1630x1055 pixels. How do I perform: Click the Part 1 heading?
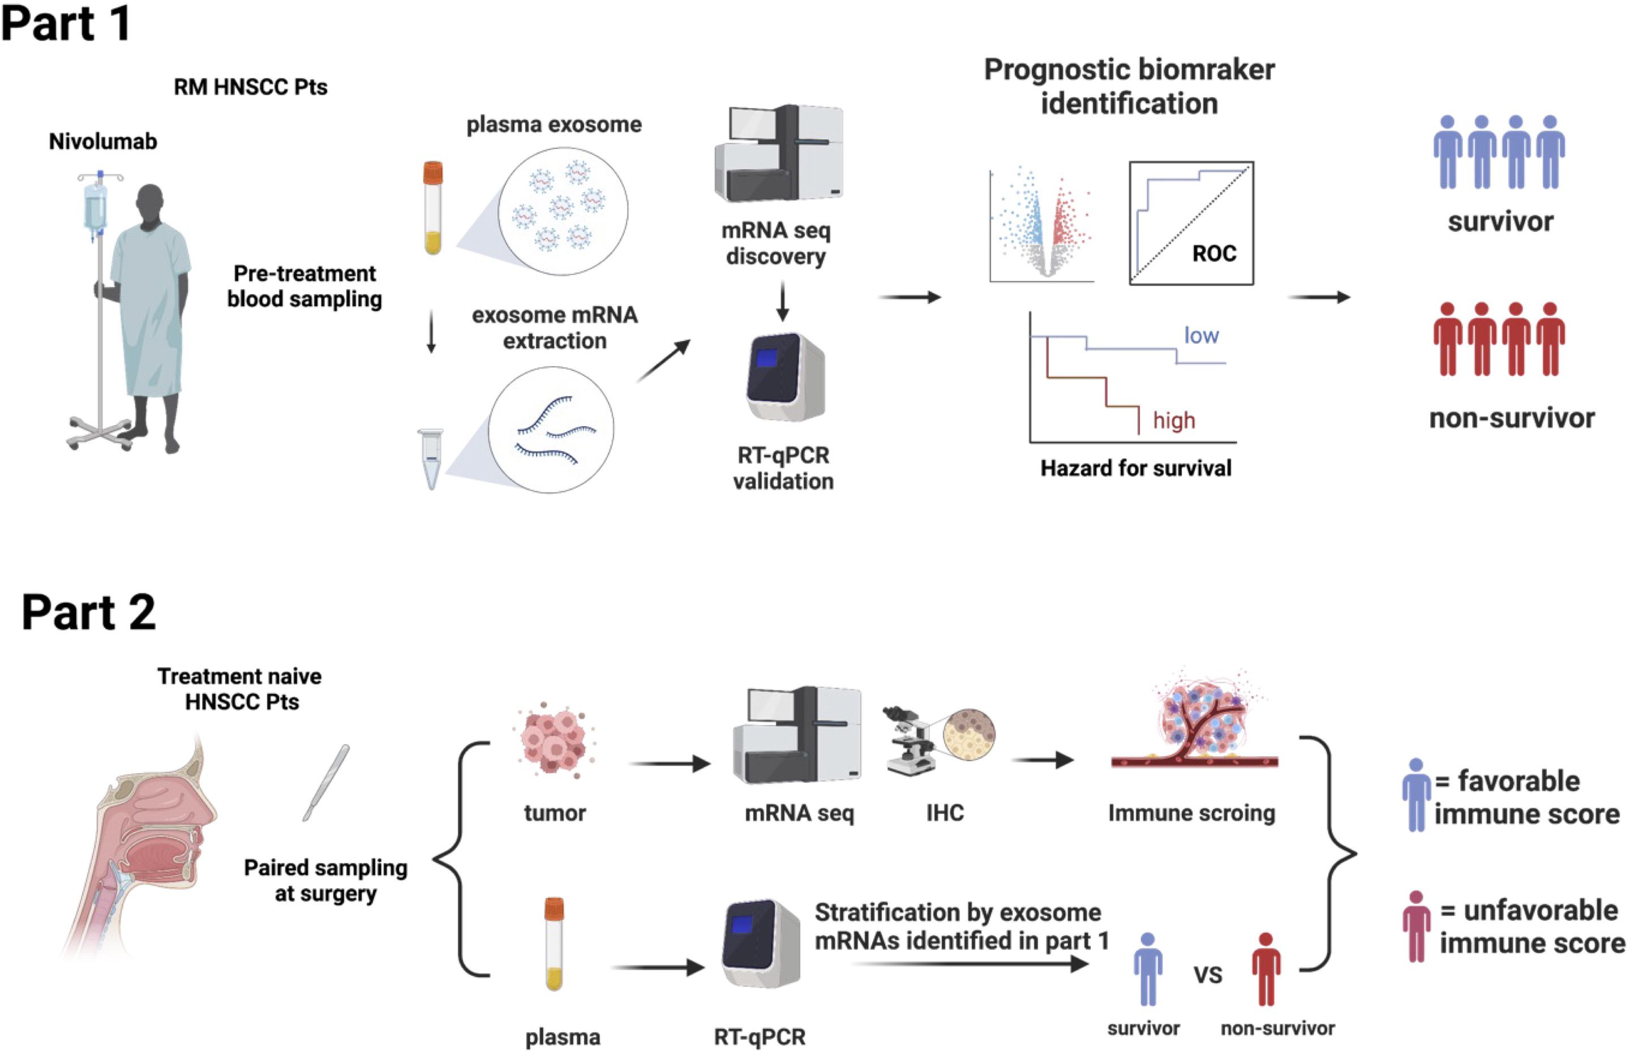click(x=66, y=23)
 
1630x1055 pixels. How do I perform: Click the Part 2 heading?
click(x=89, y=612)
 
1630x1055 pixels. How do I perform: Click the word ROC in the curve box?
click(x=1214, y=254)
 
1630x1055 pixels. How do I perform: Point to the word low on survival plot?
click(x=1201, y=335)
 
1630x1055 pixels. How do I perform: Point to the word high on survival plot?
click(x=1174, y=420)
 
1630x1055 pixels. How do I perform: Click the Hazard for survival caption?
click(x=1135, y=468)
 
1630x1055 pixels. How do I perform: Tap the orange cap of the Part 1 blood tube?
click(x=433, y=173)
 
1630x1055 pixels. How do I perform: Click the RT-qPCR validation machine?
click(x=786, y=377)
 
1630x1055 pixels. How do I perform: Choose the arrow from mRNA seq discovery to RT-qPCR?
click(x=783, y=302)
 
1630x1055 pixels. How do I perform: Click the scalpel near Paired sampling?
click(x=327, y=782)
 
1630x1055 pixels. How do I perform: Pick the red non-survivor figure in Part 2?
click(x=1266, y=968)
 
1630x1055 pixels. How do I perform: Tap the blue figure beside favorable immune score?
click(x=1416, y=795)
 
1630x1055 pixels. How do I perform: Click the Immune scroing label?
click(x=1192, y=813)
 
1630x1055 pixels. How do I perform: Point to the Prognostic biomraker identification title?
click(x=1129, y=87)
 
